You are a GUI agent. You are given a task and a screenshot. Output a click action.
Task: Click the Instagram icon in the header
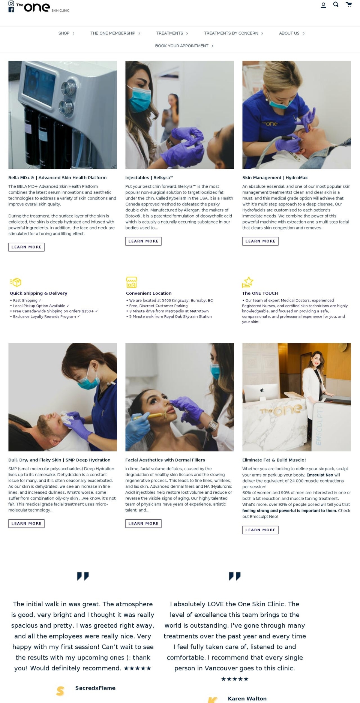[x=11, y=3]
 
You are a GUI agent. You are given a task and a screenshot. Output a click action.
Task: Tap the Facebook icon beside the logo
[x=11, y=10]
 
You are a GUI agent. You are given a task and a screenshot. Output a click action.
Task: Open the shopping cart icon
[x=349, y=4]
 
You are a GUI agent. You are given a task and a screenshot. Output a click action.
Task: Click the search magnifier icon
[x=336, y=4]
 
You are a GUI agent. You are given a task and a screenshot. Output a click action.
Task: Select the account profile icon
[x=323, y=5]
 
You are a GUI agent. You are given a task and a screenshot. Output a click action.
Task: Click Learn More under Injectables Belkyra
[x=143, y=241]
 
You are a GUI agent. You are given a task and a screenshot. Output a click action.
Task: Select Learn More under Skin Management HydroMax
[x=260, y=241]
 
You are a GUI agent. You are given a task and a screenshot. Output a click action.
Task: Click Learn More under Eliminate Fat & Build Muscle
[x=260, y=530]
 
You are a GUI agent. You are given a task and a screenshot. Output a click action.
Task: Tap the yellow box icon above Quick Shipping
[x=16, y=282]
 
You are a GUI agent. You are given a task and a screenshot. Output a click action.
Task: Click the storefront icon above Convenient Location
[x=132, y=282]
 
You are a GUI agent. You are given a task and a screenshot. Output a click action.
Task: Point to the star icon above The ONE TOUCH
[x=247, y=282]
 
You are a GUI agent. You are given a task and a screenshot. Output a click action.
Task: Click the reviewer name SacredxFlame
[x=95, y=688]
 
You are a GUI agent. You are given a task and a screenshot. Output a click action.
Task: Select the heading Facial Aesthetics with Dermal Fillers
[x=165, y=460]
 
